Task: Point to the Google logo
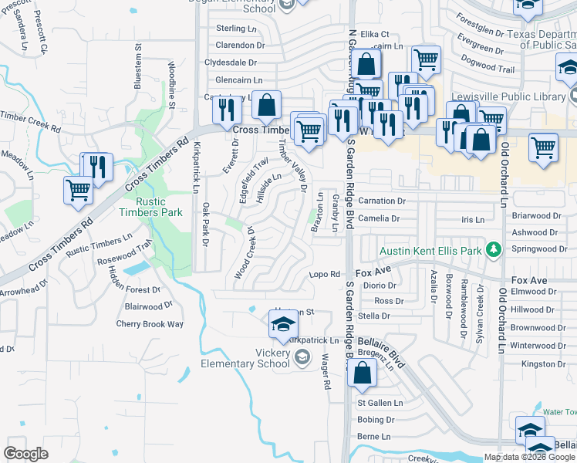click(x=25, y=454)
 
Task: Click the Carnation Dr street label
click(x=381, y=201)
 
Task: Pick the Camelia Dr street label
click(x=379, y=218)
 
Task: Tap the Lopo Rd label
click(x=325, y=274)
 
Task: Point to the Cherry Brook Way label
click(x=150, y=324)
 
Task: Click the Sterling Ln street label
click(x=231, y=29)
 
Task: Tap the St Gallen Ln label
click(x=380, y=403)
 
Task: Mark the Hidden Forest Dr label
click(x=133, y=289)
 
